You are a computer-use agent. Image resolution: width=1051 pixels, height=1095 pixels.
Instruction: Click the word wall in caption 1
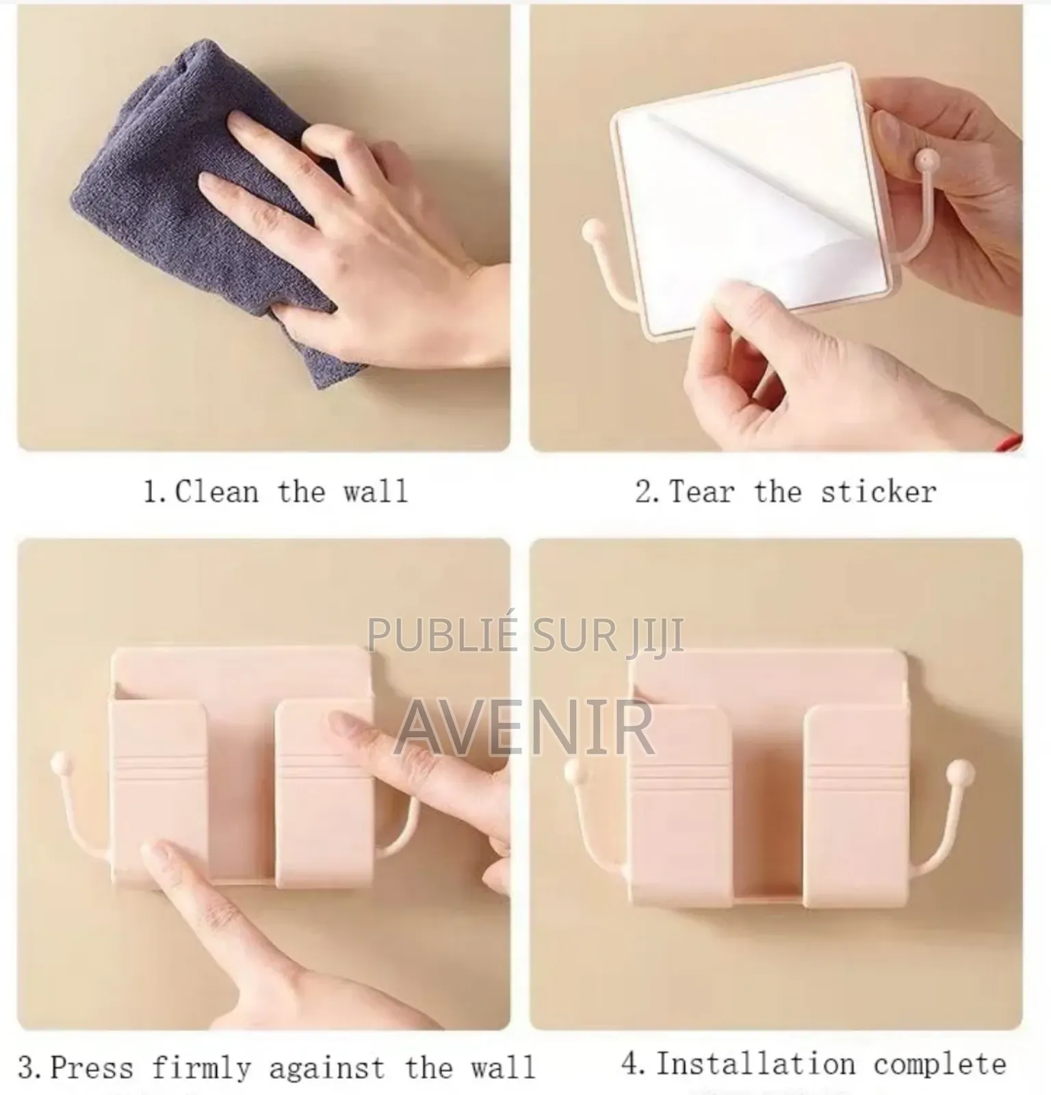pyautogui.click(x=375, y=492)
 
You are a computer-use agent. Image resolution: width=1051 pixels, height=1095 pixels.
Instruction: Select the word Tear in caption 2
pyautogui.click(x=702, y=492)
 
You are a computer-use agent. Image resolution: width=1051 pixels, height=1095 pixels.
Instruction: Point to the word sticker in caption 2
pyautogui.click(x=879, y=492)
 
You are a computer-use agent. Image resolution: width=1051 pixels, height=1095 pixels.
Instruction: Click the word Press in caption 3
pyautogui.click(x=92, y=1068)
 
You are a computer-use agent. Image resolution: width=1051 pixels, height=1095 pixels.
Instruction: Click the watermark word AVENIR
pyautogui.click(x=524, y=727)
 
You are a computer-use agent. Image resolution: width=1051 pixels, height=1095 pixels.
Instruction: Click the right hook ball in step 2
pyautogui.click(x=927, y=161)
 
